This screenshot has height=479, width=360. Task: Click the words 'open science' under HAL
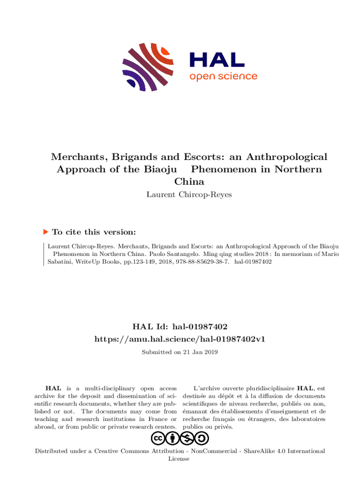(x=223, y=76)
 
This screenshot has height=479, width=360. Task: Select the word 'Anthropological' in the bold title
(x=287, y=157)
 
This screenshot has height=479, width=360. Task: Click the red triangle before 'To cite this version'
(x=45, y=232)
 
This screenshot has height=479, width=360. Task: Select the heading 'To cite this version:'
(x=94, y=232)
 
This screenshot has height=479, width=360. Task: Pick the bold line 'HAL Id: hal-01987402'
(x=180, y=326)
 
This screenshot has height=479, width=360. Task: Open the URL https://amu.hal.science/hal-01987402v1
(x=180, y=339)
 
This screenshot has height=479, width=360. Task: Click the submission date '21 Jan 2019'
(x=199, y=352)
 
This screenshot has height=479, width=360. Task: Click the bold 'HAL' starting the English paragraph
(x=52, y=388)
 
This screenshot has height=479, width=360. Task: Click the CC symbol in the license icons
(x=158, y=438)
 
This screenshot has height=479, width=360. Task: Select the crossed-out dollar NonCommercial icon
(x=188, y=438)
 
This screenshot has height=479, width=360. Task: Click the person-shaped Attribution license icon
(x=173, y=438)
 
